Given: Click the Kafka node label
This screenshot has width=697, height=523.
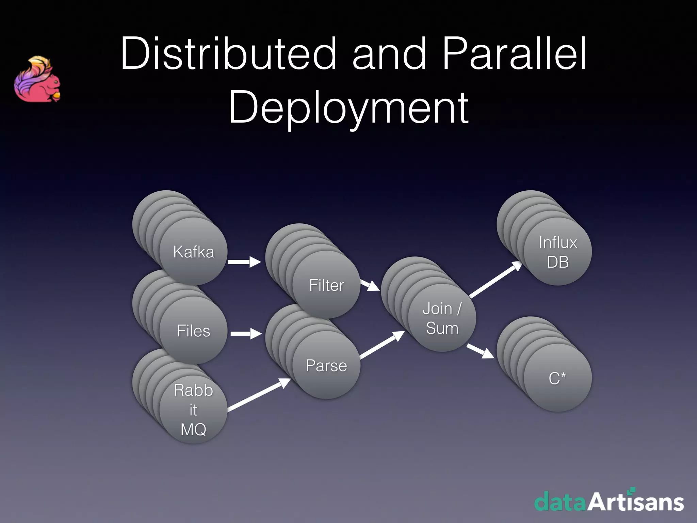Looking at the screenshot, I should click(194, 252).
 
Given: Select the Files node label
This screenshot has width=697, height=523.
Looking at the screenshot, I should click(194, 331).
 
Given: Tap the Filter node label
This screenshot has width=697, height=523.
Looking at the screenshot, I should click(326, 285).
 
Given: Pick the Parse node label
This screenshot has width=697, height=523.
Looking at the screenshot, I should click(326, 366).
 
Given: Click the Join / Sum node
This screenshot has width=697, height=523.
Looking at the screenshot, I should click(442, 318).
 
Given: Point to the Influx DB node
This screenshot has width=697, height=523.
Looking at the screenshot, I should click(558, 252).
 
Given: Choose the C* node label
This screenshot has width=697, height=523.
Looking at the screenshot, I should click(557, 378).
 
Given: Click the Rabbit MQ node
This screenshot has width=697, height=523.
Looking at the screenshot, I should click(193, 410).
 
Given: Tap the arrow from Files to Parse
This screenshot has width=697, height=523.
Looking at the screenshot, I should click(246, 333).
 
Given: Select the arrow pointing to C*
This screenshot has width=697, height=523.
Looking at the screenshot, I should click(480, 351).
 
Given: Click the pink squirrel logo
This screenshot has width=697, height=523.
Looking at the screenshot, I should click(37, 80).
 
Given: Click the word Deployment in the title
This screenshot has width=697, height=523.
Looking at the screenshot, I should click(349, 108).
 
